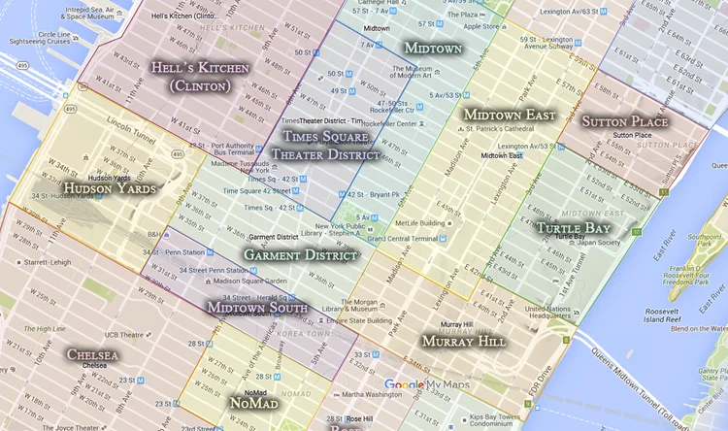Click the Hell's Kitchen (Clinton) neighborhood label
point(199,77)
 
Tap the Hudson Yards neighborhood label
point(109,187)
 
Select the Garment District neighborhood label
point(301,254)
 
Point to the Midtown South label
point(257,308)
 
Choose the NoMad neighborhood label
point(253,402)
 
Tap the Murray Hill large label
point(463,342)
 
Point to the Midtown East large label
point(509,115)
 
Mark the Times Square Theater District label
point(325,145)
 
